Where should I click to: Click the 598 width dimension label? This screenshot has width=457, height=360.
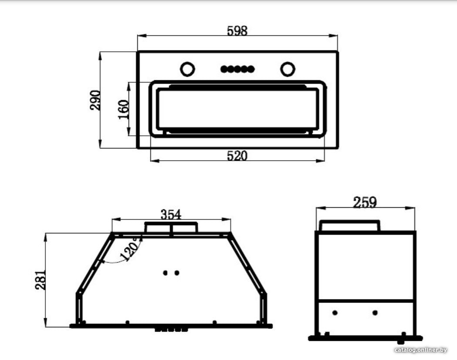[237, 30]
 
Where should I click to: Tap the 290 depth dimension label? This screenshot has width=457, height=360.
[95, 100]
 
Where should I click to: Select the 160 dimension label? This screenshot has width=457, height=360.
[123, 109]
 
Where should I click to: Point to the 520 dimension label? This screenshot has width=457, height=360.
[237, 156]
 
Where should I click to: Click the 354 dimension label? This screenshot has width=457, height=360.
[171, 215]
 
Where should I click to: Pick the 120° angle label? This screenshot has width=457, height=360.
[130, 249]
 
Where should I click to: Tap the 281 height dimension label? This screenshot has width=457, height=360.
[41, 280]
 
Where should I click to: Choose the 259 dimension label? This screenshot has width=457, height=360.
[365, 202]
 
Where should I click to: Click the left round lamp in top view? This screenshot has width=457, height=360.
[187, 69]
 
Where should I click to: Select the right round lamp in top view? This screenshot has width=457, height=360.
[288, 69]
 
